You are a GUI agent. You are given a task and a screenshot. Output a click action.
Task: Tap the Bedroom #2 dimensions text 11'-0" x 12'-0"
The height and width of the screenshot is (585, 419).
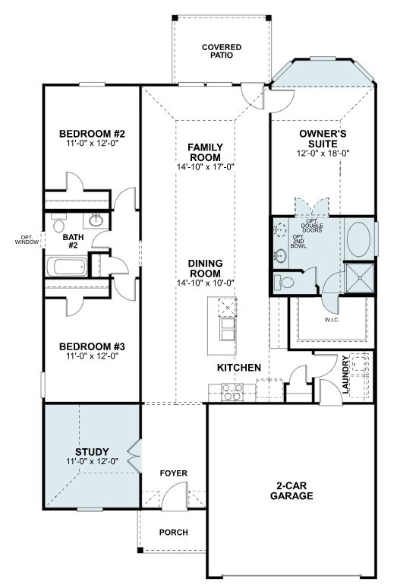click(x=92, y=143)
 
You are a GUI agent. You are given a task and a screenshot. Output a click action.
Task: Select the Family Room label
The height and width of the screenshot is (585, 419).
click(x=205, y=152)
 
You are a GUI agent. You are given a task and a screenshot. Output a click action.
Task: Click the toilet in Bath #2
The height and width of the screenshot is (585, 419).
click(x=59, y=223)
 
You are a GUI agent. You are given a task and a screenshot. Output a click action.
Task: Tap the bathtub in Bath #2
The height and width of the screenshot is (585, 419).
click(x=67, y=267)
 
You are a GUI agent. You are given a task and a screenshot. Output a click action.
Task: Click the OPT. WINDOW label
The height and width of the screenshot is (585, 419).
click(x=27, y=240)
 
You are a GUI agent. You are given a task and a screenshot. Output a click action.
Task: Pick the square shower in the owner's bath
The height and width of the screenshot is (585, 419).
click(x=359, y=278)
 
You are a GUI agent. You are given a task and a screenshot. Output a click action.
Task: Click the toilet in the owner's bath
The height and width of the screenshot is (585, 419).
click(x=284, y=282)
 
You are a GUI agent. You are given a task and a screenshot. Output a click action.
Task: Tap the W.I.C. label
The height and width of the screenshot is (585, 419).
click(x=332, y=320)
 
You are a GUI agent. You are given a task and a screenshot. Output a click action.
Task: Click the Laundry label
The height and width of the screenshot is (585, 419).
click(x=345, y=375)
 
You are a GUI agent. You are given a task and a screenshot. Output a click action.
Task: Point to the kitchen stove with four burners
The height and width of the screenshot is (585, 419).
click(x=232, y=392)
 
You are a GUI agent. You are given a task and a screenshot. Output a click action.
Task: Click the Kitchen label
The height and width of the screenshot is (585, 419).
click(x=239, y=368)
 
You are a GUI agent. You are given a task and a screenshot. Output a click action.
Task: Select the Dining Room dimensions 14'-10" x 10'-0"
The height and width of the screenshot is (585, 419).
click(x=205, y=283)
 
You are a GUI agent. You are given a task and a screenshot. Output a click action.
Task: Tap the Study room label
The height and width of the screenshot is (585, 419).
click(x=92, y=452)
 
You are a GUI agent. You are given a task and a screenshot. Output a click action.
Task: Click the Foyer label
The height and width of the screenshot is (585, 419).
click(x=174, y=473)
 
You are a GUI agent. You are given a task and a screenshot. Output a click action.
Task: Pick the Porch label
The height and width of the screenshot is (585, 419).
click(x=174, y=532)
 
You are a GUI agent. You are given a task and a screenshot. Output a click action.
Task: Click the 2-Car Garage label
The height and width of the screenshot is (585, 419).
click(x=291, y=491)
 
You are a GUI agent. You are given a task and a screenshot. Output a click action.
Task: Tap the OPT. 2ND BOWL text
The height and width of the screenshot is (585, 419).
click(x=298, y=242)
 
